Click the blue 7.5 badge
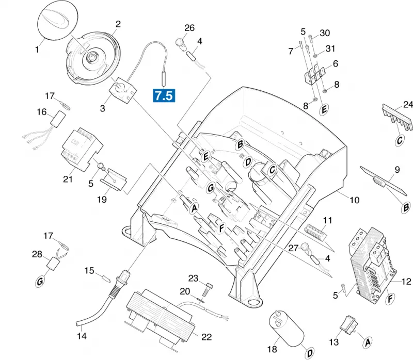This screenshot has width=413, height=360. point(164,95)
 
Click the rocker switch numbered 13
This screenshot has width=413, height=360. point(348,325)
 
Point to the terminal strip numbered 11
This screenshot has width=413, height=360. point(315,233)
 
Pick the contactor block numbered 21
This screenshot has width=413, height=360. point(82,150)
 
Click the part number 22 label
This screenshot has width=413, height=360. point(206,337)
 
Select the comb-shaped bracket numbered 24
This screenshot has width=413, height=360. point(396,120)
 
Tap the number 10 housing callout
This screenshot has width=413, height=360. point(354,200)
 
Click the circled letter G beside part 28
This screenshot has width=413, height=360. point(40,282)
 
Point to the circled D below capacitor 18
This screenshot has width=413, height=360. point(310,353)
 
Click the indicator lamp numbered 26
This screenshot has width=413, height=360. point(180,44)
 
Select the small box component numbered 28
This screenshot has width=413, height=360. point(53,263)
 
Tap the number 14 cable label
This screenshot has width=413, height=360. point(82,336)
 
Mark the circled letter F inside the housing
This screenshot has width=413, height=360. point(222,228)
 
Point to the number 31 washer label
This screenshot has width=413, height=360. point(330,48)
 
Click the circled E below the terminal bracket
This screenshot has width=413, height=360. point(324,109)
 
